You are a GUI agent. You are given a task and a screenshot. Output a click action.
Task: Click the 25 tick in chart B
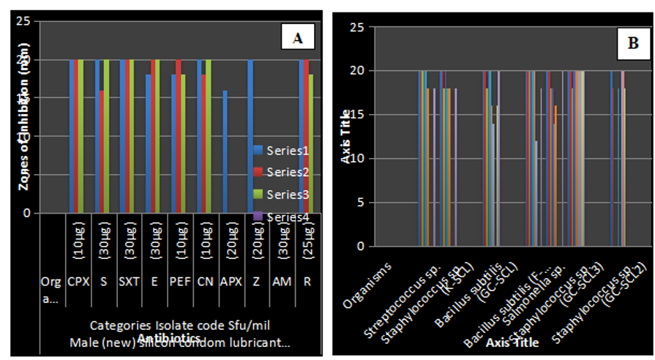click(x=356, y=27)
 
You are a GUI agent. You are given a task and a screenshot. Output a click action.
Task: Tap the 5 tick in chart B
click(x=359, y=203)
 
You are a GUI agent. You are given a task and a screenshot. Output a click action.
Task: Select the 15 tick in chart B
click(x=356, y=115)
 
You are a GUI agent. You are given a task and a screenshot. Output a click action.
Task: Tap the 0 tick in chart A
click(x=26, y=214)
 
